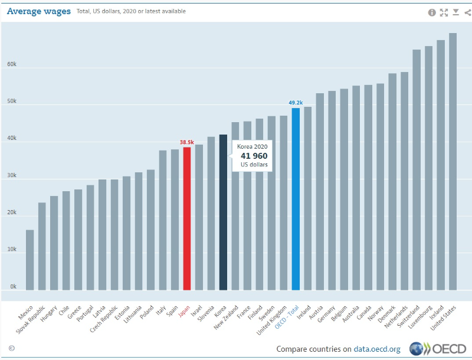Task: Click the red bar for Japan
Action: [186, 218]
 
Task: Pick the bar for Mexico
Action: [29, 260]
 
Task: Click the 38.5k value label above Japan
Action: [186, 142]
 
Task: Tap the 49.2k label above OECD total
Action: [296, 103]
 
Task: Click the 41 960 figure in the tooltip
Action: [254, 156]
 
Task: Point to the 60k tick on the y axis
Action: [12, 65]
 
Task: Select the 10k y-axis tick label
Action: [12, 250]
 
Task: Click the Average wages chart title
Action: [39, 11]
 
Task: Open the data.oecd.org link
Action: [377, 349]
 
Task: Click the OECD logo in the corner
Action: [439, 348]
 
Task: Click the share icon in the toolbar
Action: [467, 12]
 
